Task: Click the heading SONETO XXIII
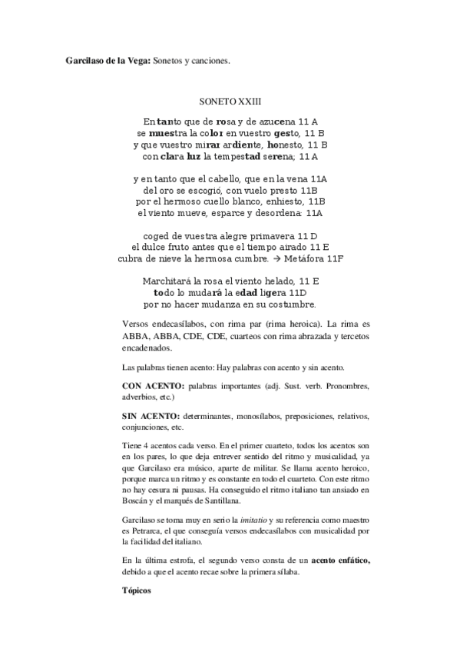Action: [x=230, y=101]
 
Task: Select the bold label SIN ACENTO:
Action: [x=150, y=416]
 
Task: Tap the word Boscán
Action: [x=140, y=479]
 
